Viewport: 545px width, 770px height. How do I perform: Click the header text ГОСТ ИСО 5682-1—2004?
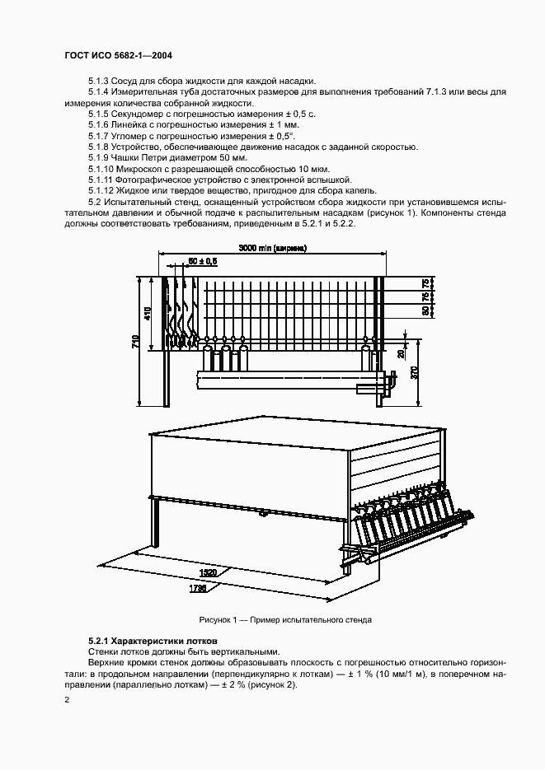118,56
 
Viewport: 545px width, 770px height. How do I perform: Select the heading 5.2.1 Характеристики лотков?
153,641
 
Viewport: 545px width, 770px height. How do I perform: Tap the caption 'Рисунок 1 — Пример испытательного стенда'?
285,618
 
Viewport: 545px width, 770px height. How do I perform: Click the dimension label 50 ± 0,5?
202,261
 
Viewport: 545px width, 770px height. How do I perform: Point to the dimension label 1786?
199,589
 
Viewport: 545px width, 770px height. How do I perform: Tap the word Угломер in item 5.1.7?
132,135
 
